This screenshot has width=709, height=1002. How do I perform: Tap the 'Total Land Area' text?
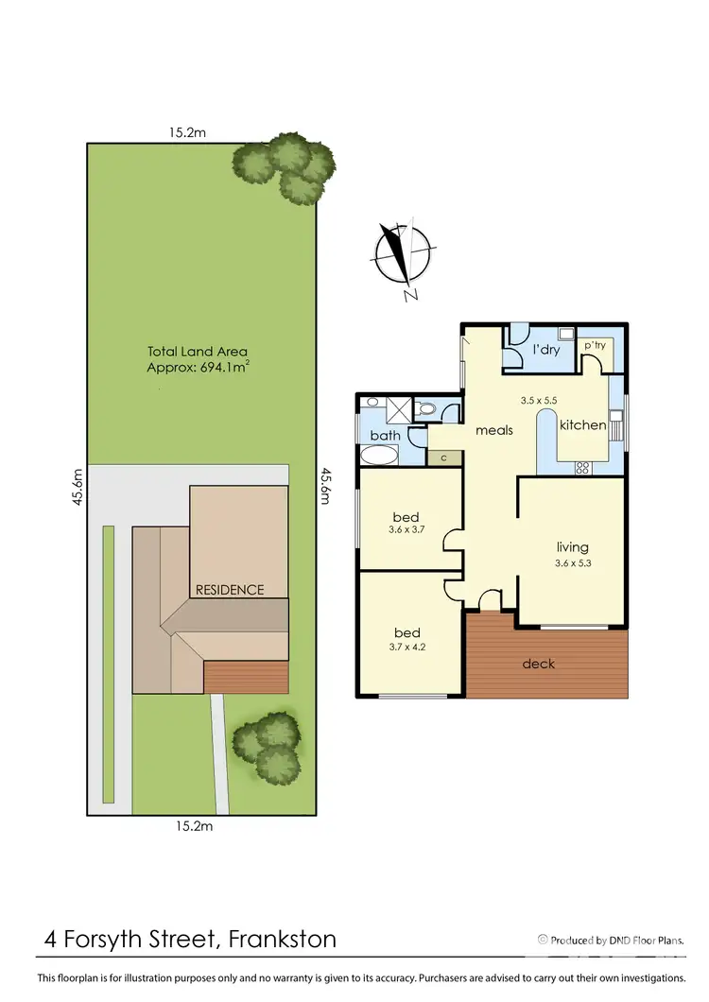[197, 352]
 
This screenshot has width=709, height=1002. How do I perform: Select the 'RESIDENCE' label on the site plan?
[230, 590]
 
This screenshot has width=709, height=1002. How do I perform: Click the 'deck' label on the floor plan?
[539, 664]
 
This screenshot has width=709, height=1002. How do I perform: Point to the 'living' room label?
[572, 546]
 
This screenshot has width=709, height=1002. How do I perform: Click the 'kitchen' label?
[582, 425]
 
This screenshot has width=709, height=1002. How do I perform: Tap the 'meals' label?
[494, 430]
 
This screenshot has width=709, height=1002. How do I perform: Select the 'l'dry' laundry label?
[547, 351]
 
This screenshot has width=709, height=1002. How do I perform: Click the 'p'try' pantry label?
[594, 346]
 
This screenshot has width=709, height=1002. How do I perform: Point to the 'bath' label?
[385, 436]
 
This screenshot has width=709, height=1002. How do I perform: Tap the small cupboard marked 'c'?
[443, 458]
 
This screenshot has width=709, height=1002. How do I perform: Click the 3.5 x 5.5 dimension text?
[541, 400]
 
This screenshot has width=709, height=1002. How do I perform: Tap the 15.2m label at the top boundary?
[187, 133]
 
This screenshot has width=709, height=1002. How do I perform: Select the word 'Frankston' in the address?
[282, 940]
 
